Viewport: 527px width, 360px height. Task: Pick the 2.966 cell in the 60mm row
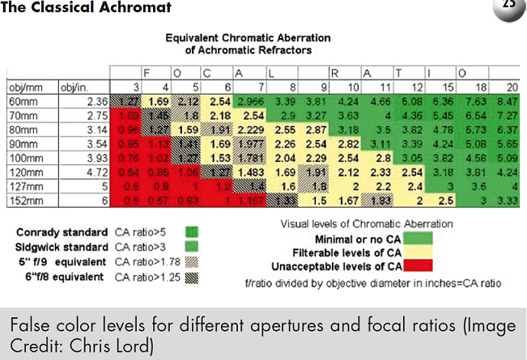click(x=249, y=102)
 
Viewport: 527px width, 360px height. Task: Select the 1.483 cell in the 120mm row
click(x=249, y=172)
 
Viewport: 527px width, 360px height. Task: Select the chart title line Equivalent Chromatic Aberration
click(x=247, y=37)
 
